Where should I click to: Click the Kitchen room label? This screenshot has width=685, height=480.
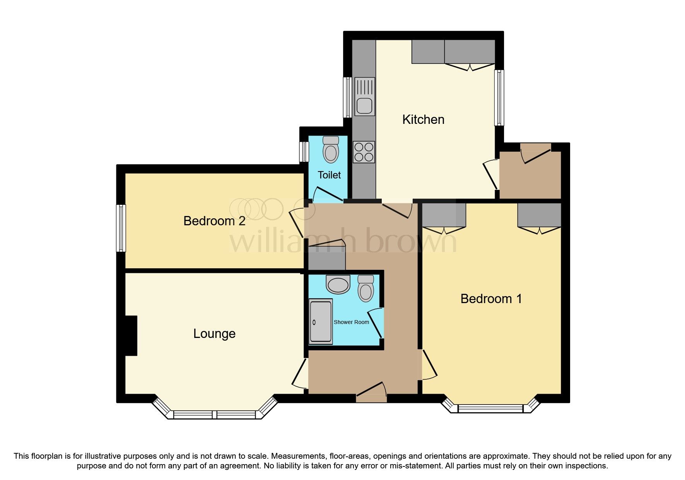click(x=423, y=120)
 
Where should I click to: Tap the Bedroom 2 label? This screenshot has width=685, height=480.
click(x=214, y=221)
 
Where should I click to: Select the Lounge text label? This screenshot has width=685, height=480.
click(x=214, y=334)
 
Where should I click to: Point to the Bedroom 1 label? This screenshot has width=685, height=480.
click(x=491, y=299)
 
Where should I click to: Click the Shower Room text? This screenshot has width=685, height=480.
click(x=351, y=322)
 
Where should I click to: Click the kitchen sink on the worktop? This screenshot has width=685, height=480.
click(x=365, y=97)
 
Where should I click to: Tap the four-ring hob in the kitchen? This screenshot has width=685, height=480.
click(x=364, y=152)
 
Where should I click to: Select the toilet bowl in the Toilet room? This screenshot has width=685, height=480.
click(x=331, y=149)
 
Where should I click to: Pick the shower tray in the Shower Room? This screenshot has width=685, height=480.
click(x=321, y=322)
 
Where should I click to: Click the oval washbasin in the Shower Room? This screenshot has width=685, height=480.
click(x=338, y=285)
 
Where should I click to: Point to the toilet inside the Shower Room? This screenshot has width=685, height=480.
click(x=366, y=288)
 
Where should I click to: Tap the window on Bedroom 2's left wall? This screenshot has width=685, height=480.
click(x=121, y=228)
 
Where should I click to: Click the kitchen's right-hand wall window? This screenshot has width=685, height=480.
click(x=499, y=98)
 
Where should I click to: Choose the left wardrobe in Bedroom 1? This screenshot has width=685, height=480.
click(x=443, y=215)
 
